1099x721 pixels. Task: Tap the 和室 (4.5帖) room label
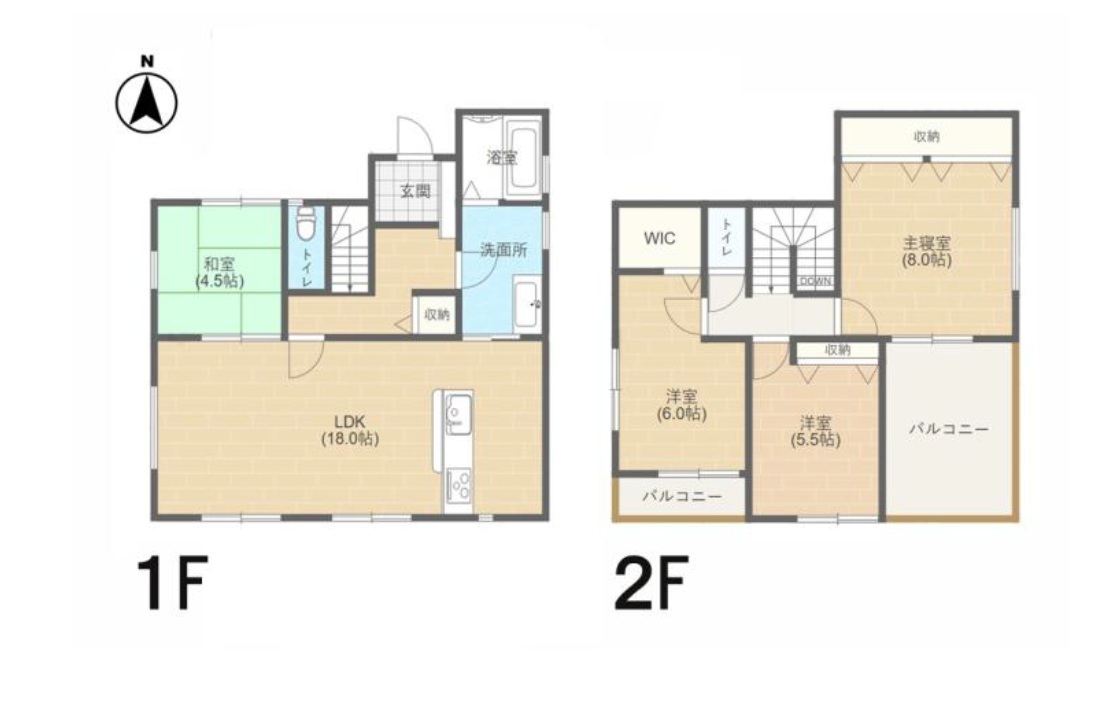219,273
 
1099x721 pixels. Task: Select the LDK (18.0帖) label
350,430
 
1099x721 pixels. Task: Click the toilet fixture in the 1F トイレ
306,224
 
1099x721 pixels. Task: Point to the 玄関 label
415,191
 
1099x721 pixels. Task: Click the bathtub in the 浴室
523,158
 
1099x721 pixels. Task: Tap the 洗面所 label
503,249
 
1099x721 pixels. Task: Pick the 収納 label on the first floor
436,315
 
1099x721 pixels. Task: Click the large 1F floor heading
172,582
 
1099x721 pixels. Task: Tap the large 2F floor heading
650,582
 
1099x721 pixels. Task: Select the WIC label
660,238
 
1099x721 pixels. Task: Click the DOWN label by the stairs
815,281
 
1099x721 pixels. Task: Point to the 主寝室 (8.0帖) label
927,252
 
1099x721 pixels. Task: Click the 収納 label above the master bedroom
927,137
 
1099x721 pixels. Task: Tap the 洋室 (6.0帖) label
681,405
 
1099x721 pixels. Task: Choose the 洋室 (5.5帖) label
815,432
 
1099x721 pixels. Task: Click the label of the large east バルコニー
949,429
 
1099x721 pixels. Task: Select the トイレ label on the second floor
727,236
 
